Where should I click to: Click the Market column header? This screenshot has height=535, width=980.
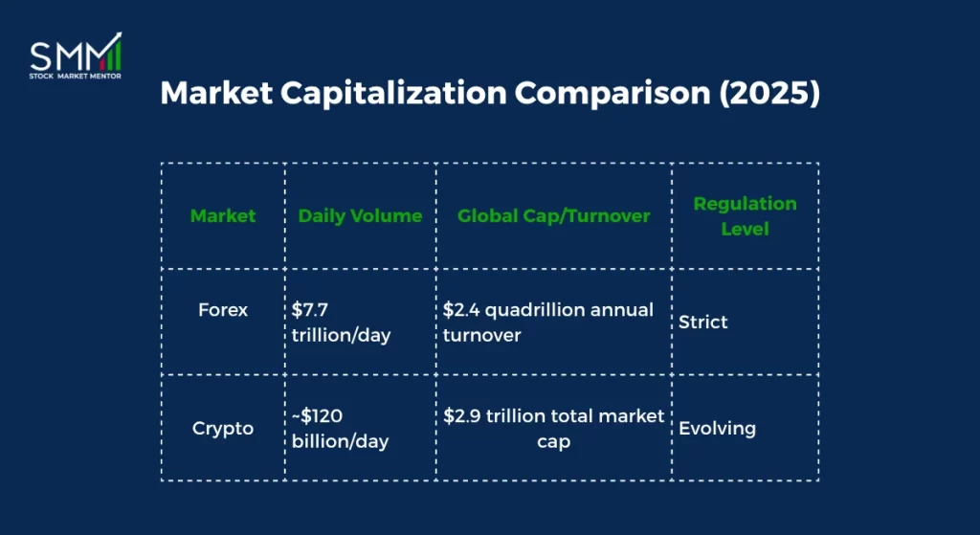click(x=223, y=215)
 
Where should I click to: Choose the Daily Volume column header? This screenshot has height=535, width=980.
click(x=360, y=215)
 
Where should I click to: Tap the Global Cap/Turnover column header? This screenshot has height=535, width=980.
click(x=554, y=215)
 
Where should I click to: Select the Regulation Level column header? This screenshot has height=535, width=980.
click(x=745, y=215)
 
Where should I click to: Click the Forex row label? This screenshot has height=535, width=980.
click(x=223, y=310)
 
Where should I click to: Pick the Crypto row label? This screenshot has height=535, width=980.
click(x=223, y=428)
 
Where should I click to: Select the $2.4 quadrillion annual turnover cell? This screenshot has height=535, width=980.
click(x=547, y=322)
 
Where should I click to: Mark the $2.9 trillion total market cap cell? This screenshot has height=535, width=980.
click(x=554, y=428)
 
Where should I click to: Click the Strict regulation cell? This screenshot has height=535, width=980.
click(x=703, y=322)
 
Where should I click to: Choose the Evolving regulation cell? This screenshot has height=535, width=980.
click(x=717, y=428)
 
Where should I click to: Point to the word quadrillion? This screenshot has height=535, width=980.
click(x=539, y=310)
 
